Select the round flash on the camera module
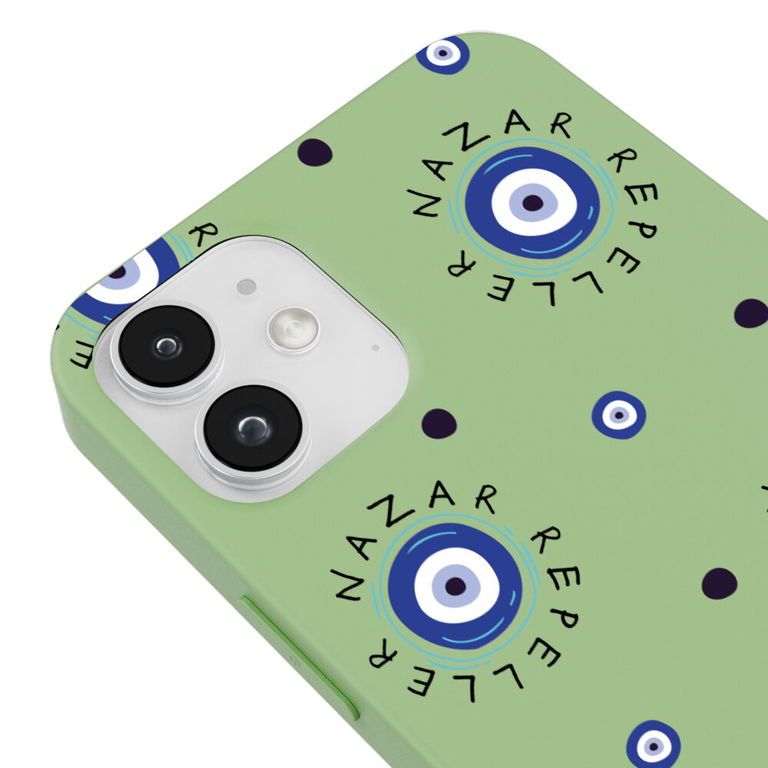293,329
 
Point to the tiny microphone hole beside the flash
376,348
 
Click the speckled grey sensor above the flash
247,286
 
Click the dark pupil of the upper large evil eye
533,202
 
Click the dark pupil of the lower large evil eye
455,586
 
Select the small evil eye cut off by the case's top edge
443,54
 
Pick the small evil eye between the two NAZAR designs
618,415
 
